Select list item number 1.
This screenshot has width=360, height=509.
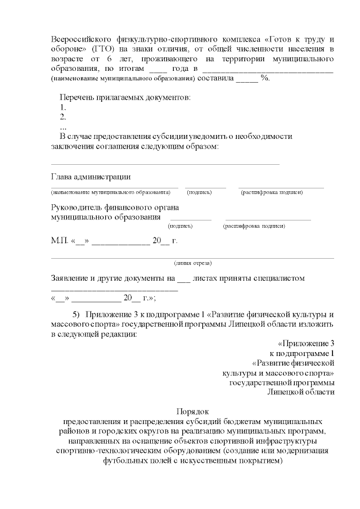pos(63,107)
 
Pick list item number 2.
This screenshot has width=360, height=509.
pos(63,117)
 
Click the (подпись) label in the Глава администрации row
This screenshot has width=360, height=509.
pos(200,192)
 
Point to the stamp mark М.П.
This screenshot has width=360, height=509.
pos(59,241)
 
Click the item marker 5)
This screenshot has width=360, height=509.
pos(78,314)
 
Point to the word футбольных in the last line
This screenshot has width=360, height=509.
pos(124,461)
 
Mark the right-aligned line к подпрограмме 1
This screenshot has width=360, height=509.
pos(303,353)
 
